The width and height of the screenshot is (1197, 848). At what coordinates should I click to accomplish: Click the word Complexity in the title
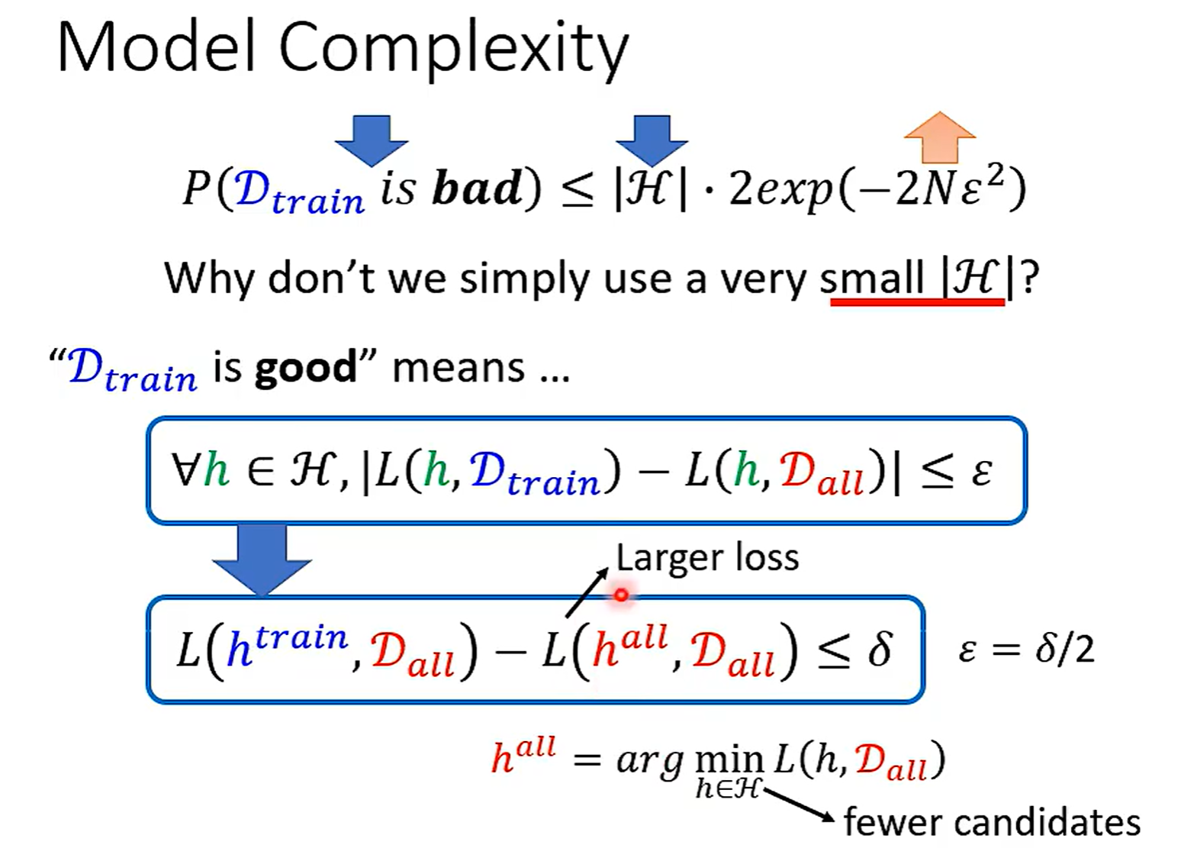coord(454,52)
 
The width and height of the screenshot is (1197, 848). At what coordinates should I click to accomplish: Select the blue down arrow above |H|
coord(652,140)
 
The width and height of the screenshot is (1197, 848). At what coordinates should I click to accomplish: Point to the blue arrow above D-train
coord(372,140)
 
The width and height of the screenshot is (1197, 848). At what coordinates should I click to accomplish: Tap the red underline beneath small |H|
coord(918,302)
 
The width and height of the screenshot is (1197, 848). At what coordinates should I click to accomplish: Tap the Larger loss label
coord(707,558)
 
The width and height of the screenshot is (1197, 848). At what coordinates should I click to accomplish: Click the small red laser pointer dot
coord(621,595)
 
